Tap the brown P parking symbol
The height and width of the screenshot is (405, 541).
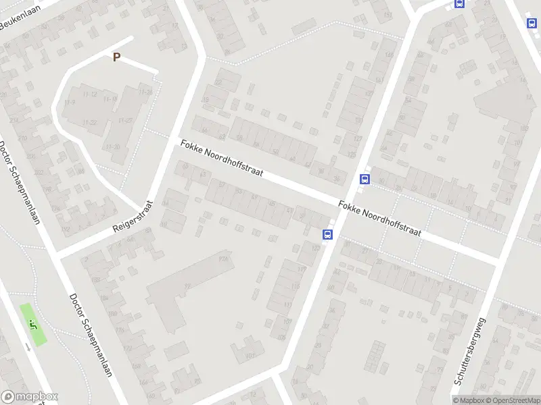pyautogui.click(x=116, y=57)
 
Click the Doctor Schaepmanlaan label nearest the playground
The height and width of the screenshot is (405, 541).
pyautogui.click(x=90, y=344)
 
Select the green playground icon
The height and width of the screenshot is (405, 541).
pyautogui.click(x=33, y=323)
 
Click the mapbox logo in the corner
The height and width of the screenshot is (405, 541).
pyautogui.click(x=30, y=397)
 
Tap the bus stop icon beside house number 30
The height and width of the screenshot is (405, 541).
pyautogui.click(x=365, y=180)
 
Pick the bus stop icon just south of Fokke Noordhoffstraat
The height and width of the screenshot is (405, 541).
pyautogui.click(x=327, y=235)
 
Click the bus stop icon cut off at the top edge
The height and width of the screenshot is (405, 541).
pyautogui.click(x=460, y=3)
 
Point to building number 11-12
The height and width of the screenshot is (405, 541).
pyautogui.click(x=91, y=94)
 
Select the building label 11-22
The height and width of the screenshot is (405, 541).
pyautogui.click(x=89, y=122)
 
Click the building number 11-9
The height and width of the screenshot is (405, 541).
pyautogui.click(x=69, y=102)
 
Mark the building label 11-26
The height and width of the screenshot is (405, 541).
pyautogui.click(x=144, y=92)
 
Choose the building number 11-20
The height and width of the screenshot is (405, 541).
pyautogui.click(x=125, y=120)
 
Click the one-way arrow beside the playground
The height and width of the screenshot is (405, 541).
pyautogui.click(x=27, y=346)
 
